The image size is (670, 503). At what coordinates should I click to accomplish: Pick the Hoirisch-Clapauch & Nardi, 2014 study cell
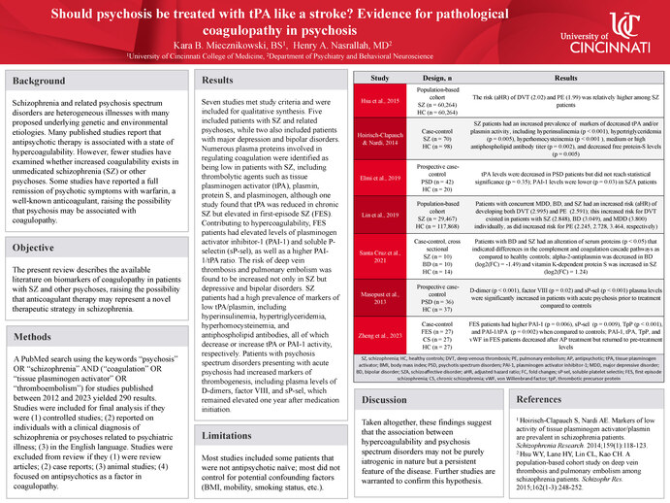pyautogui.click(x=381, y=139)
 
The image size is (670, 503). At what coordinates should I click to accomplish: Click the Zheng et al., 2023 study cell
pyautogui.click(x=381, y=335)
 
